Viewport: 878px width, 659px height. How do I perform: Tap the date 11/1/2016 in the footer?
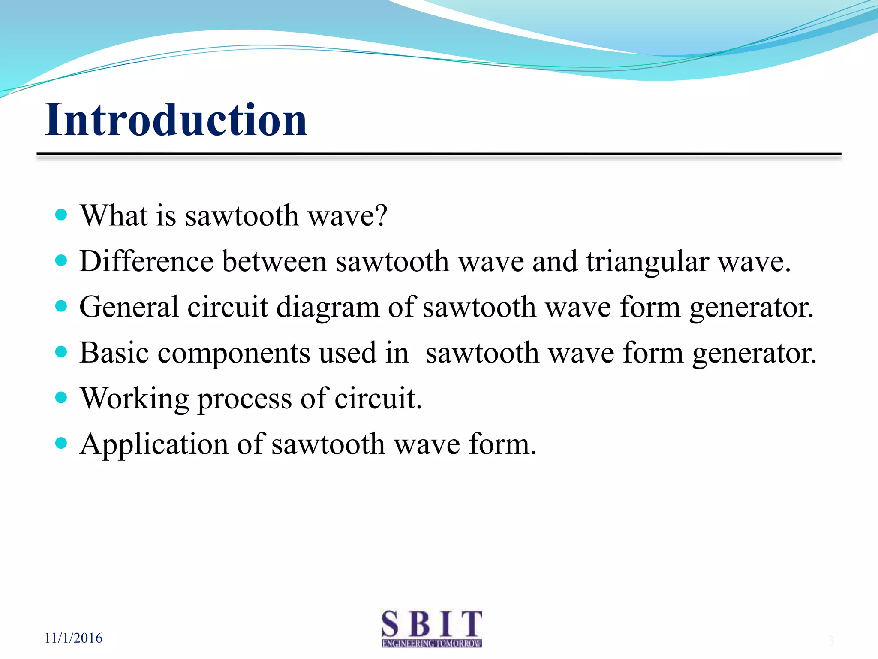[x=73, y=638]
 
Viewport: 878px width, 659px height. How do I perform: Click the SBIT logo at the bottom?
[x=432, y=628]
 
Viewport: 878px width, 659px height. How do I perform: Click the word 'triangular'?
[x=647, y=262]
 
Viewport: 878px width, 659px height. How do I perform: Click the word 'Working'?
[x=135, y=399]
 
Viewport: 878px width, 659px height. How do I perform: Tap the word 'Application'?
[x=154, y=444]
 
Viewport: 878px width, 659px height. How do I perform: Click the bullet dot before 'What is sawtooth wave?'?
[x=62, y=215]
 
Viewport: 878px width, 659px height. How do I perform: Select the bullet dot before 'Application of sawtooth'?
[x=62, y=443]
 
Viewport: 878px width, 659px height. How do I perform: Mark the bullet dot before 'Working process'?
[x=62, y=397]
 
